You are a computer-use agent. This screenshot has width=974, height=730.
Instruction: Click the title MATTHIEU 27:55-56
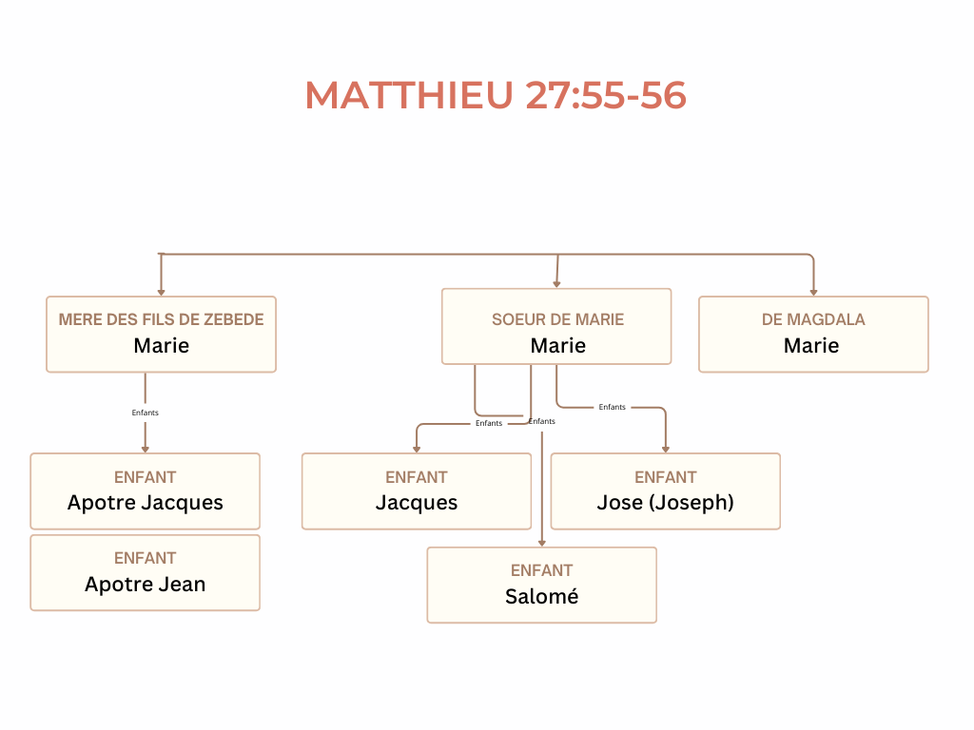pos(496,95)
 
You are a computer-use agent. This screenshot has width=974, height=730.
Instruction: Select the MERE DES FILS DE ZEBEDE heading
pos(161,319)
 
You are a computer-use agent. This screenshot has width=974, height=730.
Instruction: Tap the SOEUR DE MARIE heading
pos(557,319)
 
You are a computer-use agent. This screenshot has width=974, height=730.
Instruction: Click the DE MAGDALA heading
pos(813,319)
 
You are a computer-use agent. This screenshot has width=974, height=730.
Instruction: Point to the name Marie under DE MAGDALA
pos(811,346)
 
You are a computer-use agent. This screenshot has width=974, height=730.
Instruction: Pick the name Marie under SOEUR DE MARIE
pos(557,346)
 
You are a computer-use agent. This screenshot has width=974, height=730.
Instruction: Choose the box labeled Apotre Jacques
pos(145,491)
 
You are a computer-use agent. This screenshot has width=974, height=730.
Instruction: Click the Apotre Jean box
pos(145,572)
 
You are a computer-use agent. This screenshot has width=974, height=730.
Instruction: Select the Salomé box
pos(541,585)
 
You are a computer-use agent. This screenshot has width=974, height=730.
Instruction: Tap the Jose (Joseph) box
pos(665,491)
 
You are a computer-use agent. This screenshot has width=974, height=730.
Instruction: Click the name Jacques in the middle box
pos(416,503)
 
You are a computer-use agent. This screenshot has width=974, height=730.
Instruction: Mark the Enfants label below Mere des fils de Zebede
pos(145,413)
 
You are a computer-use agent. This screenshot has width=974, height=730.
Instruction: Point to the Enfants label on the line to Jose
pos(613,407)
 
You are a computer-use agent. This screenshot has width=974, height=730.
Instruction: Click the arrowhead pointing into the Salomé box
pos(541,543)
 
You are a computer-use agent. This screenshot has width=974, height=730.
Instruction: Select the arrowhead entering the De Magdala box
pos(813,292)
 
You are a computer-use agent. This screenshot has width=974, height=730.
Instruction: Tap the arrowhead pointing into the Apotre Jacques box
pos(145,449)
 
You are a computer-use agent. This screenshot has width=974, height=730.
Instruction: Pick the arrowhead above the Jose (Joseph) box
pos(665,449)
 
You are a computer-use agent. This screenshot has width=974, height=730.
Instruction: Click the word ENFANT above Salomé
pos(541,570)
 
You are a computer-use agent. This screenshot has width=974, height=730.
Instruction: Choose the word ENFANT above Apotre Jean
pos(145,558)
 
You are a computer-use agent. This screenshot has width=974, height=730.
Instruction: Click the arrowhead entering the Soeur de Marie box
pos(556,283)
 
